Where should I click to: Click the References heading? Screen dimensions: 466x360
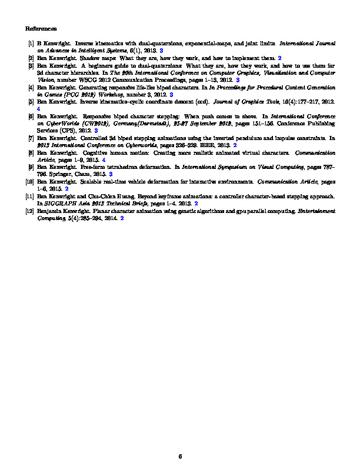tap(41, 28)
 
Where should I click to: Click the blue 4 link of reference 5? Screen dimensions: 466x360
tap(38, 109)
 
